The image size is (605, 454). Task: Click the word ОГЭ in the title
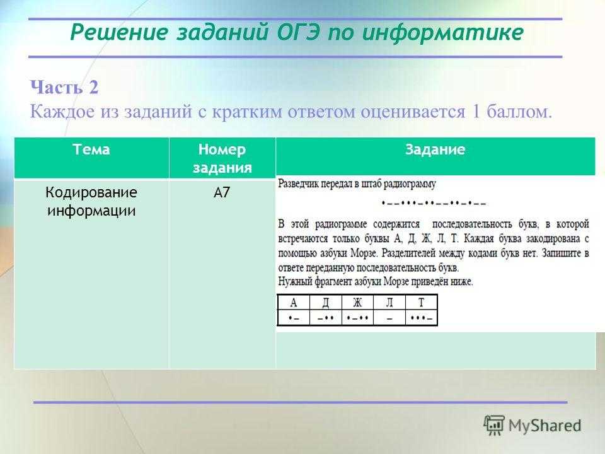(x=298, y=32)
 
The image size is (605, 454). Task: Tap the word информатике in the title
(x=443, y=32)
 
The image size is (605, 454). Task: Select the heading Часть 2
(x=64, y=87)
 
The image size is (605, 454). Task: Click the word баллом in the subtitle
(x=519, y=112)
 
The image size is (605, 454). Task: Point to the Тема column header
(x=91, y=149)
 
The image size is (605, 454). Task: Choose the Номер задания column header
(x=222, y=158)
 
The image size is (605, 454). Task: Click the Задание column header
(x=435, y=149)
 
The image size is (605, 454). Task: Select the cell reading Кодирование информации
(x=91, y=201)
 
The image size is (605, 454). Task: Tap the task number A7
(x=222, y=192)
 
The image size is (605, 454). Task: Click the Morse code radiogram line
(x=434, y=202)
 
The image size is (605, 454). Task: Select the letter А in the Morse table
(x=294, y=302)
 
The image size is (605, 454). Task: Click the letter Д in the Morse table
(x=326, y=303)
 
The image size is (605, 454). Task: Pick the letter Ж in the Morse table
(x=358, y=302)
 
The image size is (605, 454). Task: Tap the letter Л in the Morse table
(x=389, y=302)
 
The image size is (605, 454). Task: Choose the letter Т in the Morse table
(x=422, y=302)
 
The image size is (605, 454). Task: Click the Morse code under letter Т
(x=422, y=318)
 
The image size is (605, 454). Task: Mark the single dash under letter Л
(x=389, y=319)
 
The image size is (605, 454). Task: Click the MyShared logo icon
(x=494, y=426)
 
